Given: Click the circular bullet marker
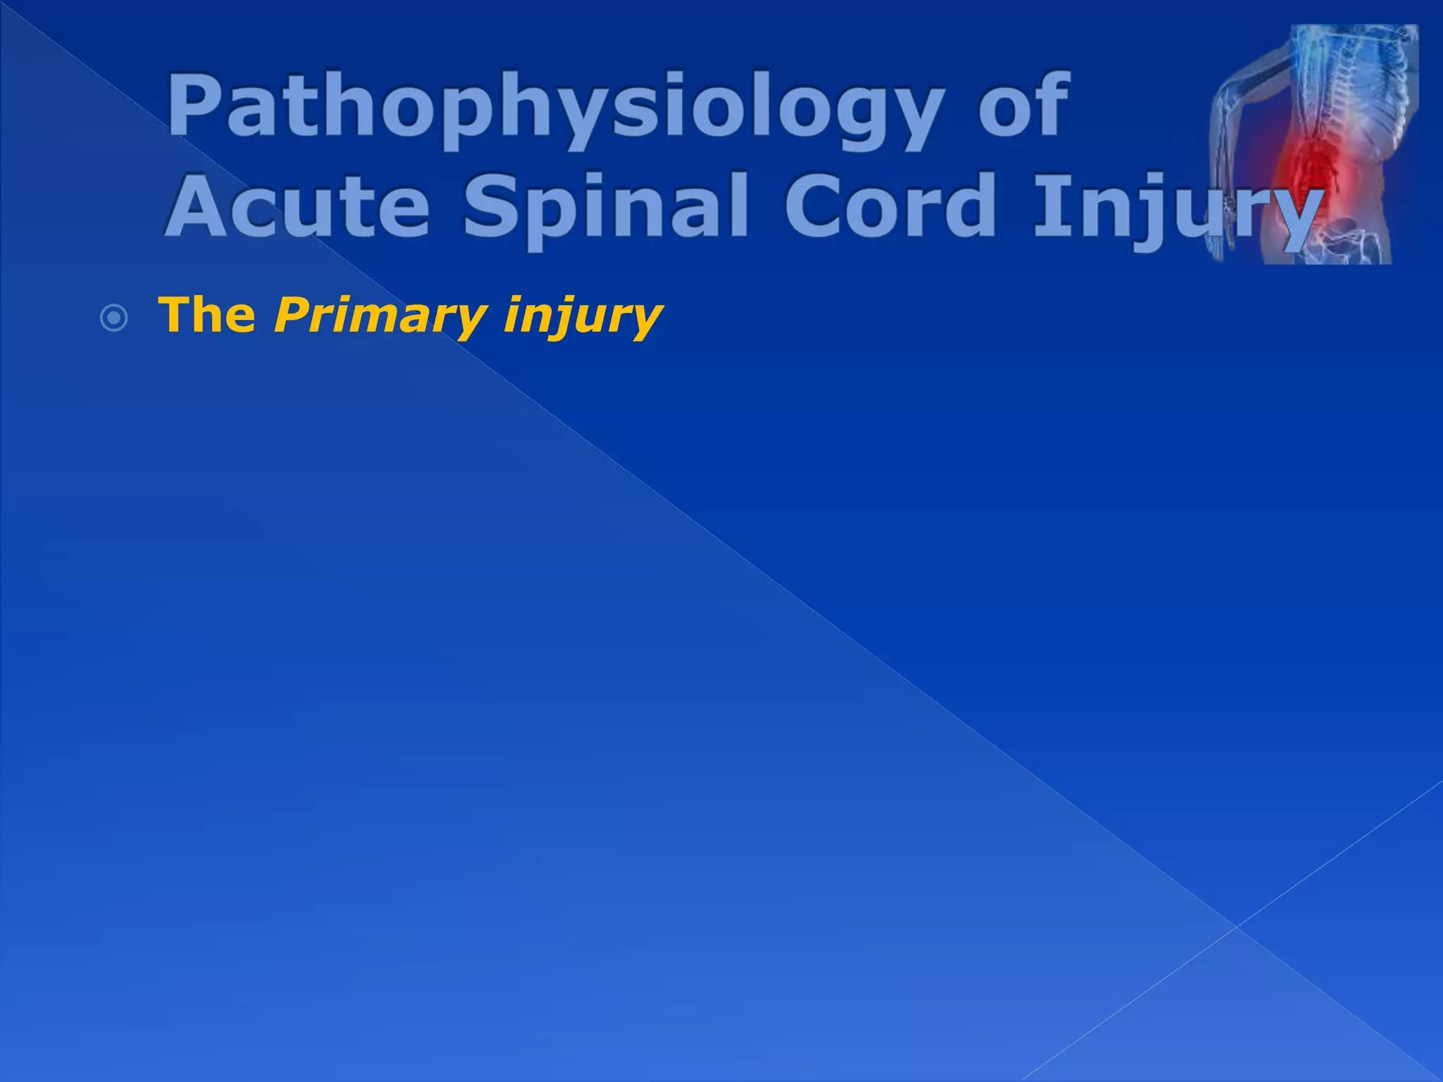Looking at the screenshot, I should point(114,319).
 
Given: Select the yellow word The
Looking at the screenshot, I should point(207,315).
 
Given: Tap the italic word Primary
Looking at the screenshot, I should point(380,316).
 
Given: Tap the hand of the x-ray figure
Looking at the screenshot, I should point(1216,247).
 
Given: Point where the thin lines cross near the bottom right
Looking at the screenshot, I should point(1236,927).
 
